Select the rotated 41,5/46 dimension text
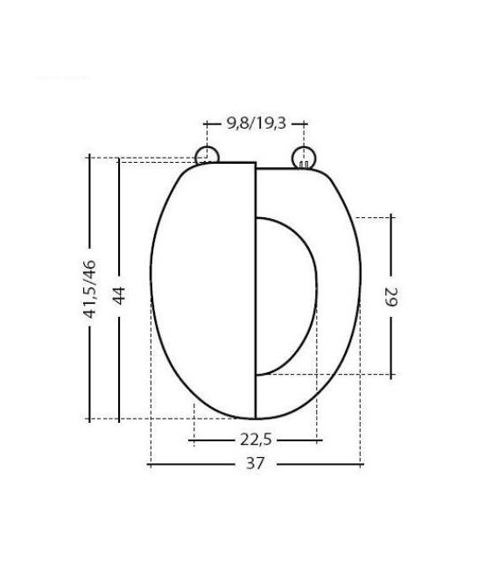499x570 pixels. click(88, 289)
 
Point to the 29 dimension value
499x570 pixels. click(390, 296)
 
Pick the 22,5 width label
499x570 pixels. click(255, 440)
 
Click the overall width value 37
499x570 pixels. click(255, 464)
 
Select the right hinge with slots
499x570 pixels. click(302, 158)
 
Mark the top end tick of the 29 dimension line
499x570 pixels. click(390, 215)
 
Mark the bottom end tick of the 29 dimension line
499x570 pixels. click(390, 375)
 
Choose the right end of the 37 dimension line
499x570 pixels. click(360, 464)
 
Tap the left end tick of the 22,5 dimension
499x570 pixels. click(193, 440)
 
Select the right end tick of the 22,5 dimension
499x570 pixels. click(317, 440)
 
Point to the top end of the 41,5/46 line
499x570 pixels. click(88, 158)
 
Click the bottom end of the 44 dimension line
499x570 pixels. click(119, 419)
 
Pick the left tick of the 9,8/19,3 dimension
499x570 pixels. click(205, 124)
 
